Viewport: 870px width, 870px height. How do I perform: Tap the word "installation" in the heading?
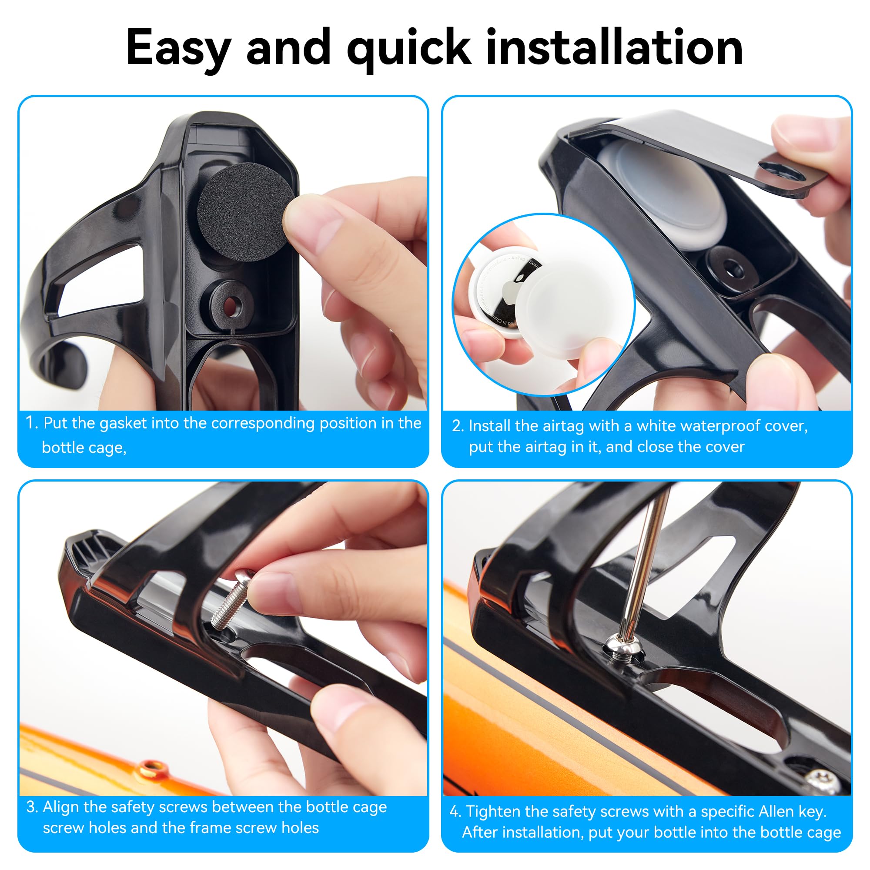pos(615,47)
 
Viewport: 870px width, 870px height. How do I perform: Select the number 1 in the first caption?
pos(30,423)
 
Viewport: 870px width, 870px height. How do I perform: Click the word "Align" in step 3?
pos(61,807)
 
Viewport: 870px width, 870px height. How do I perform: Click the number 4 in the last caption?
pos(455,811)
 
